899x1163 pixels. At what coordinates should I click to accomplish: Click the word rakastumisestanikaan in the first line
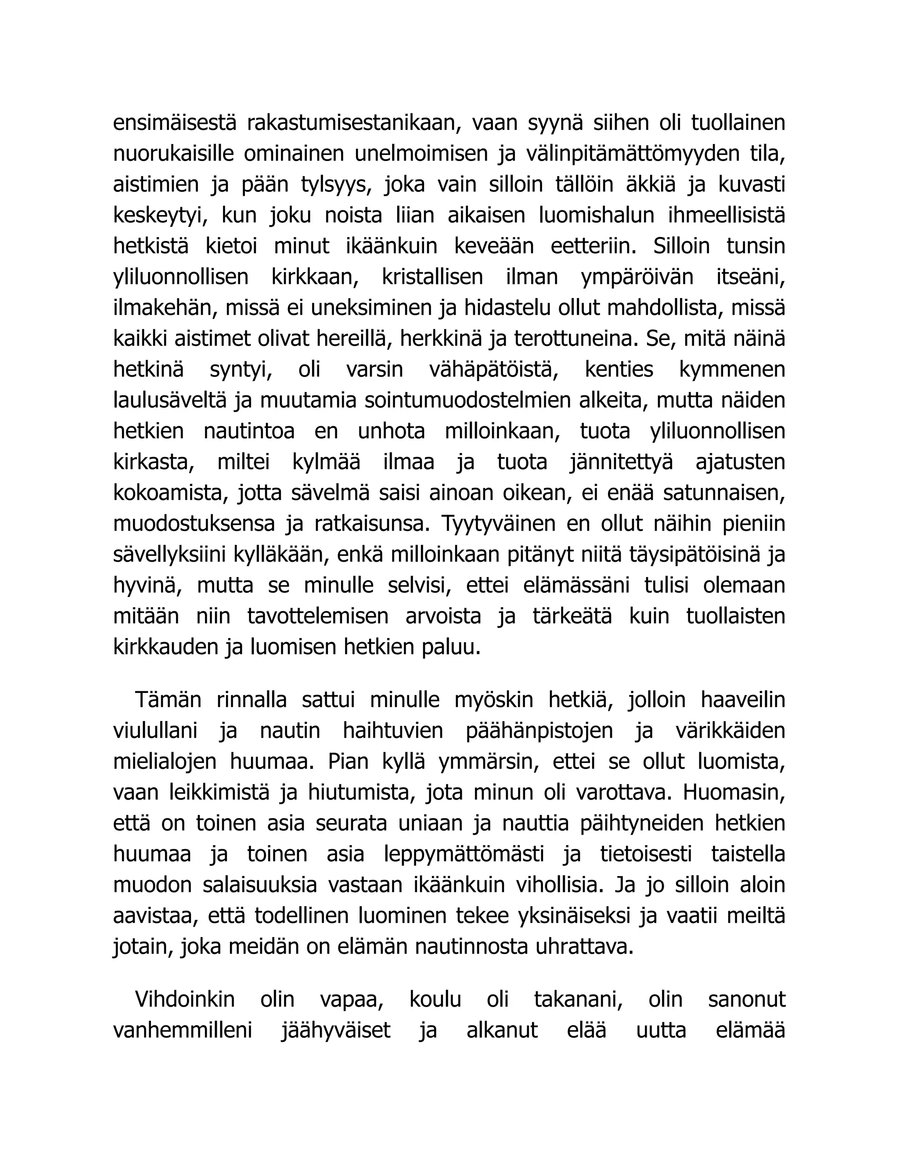point(352,123)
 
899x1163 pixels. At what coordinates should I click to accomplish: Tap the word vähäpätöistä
point(494,370)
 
